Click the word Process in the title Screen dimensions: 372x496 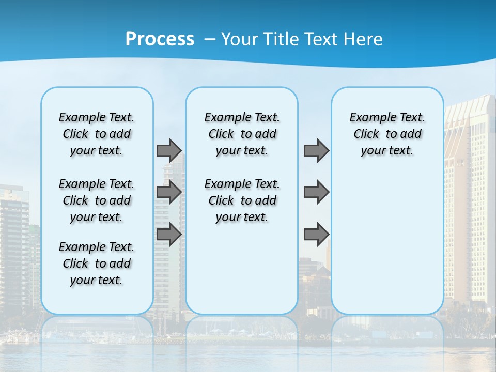point(160,39)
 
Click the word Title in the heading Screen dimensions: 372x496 point(279,39)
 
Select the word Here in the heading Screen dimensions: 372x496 point(364,39)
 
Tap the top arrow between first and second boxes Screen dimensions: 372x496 point(169,150)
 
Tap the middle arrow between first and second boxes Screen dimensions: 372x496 point(169,192)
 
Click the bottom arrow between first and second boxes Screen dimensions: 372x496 point(169,235)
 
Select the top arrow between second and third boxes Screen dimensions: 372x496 point(316,150)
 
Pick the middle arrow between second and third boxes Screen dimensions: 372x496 point(316,192)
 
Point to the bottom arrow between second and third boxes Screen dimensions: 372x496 point(316,235)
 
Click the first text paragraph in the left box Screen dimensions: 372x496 point(97,134)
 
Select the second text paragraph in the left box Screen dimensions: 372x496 point(97,200)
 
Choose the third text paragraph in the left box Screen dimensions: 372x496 point(97,263)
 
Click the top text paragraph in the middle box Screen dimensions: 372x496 point(242,134)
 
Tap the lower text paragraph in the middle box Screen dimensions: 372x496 point(242,200)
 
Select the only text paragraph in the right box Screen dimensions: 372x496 point(388,134)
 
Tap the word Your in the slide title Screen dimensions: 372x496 point(239,39)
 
